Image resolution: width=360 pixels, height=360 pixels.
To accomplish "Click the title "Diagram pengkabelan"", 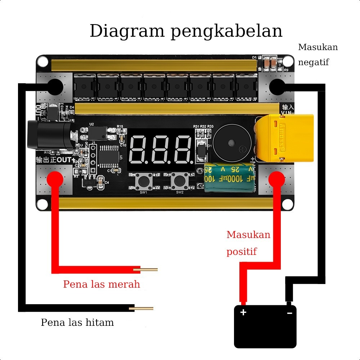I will click(186, 31).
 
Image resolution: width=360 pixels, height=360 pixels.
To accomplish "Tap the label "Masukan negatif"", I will click(318, 54).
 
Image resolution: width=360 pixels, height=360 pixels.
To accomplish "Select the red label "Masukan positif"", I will click(248, 243).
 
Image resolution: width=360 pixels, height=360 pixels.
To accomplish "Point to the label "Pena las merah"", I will click(102, 284).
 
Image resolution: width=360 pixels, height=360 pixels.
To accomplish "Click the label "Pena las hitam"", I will click(77, 322).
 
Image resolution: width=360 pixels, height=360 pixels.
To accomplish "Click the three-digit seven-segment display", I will click(160, 149).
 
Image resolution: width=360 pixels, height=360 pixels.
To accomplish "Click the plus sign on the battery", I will click(243, 312).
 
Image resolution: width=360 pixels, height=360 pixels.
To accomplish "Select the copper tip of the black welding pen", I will click(144, 308).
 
